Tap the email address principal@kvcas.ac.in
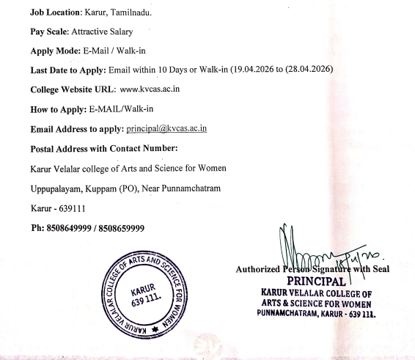click(167, 128)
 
